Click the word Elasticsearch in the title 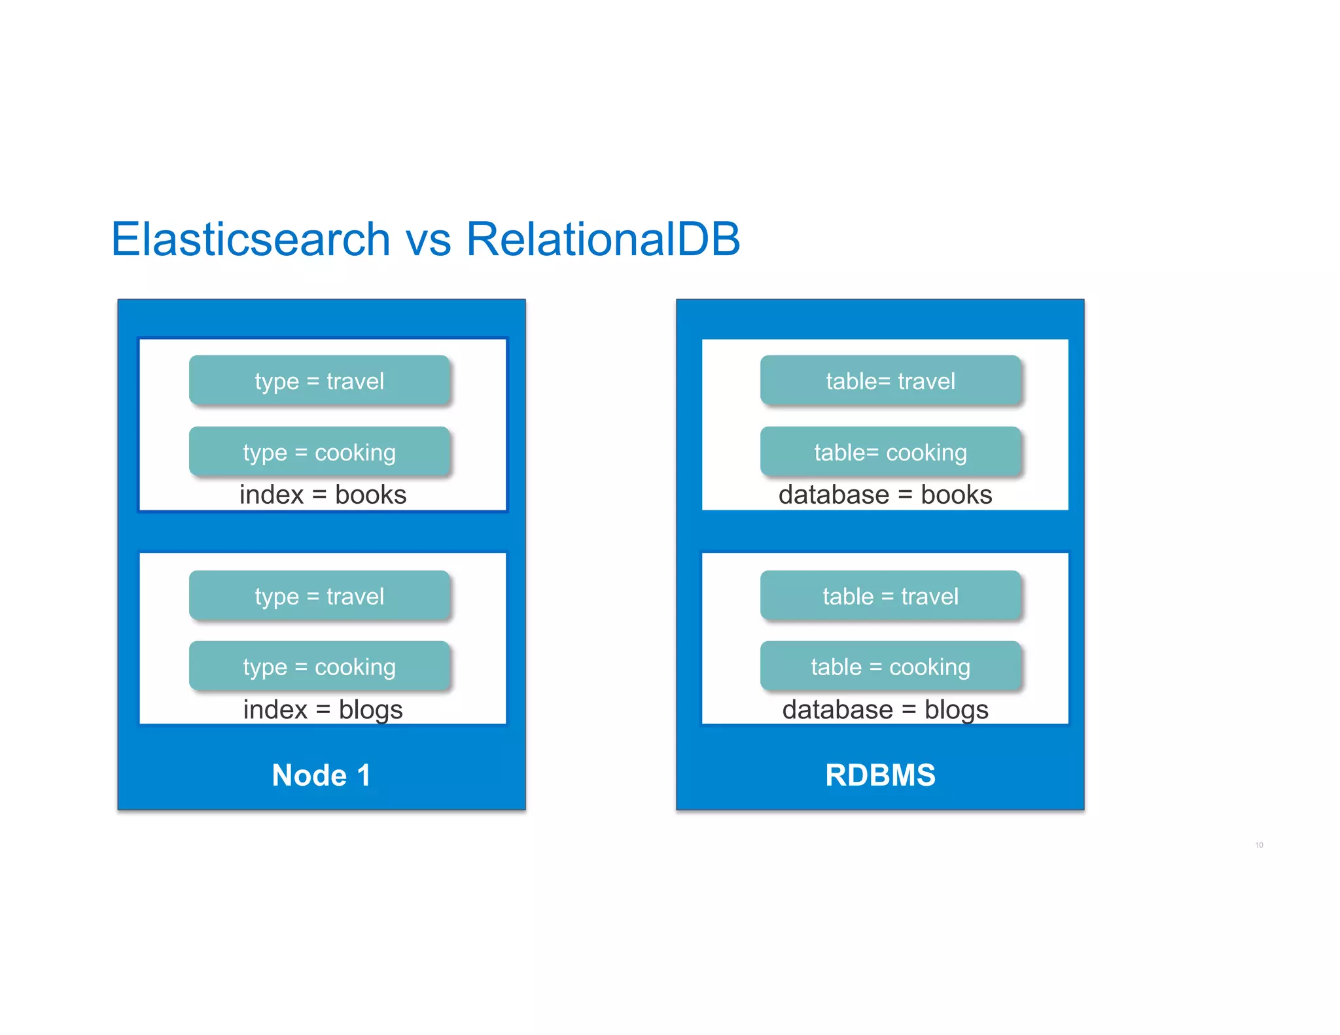tap(251, 239)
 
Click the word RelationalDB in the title tap(603, 239)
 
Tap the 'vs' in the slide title tap(429, 240)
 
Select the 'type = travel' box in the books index tap(319, 381)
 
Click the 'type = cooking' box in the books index tap(319, 452)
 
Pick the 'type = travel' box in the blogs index tap(319, 596)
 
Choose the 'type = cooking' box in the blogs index tap(319, 667)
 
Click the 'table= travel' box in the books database tap(890, 381)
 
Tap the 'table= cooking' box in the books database tap(890, 452)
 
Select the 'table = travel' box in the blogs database tap(890, 596)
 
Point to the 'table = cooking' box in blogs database tap(890, 667)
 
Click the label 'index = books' tap(323, 495)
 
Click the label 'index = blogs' tap(323, 710)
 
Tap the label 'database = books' tap(885, 495)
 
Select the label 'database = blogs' tap(885, 710)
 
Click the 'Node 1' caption tap(321, 775)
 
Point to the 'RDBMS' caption tap(880, 775)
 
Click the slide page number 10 tap(1259, 845)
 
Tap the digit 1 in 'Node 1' tap(364, 775)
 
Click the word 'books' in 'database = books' tap(956, 495)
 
